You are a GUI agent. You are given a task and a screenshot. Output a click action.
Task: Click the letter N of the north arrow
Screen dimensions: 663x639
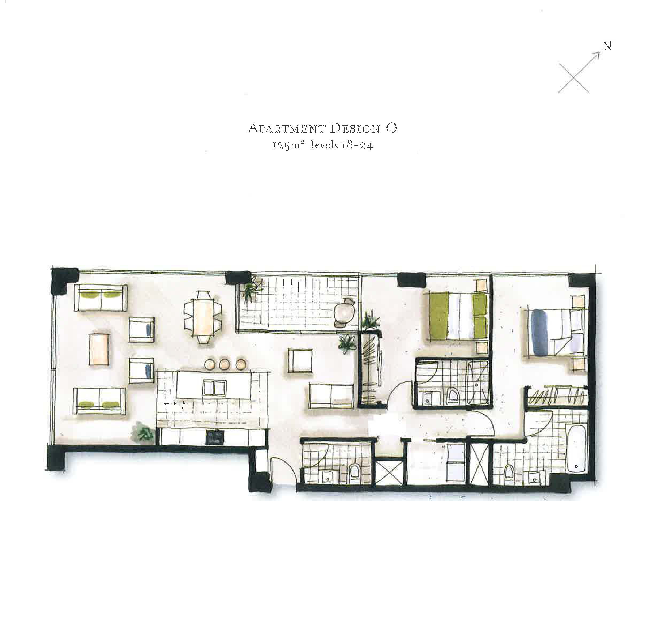[607, 46]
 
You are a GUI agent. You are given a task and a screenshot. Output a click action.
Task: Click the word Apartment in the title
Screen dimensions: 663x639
[287, 129]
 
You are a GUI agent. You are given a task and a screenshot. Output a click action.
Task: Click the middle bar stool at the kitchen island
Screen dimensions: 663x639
[224, 364]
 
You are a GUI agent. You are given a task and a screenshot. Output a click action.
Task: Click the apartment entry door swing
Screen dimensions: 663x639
[283, 470]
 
